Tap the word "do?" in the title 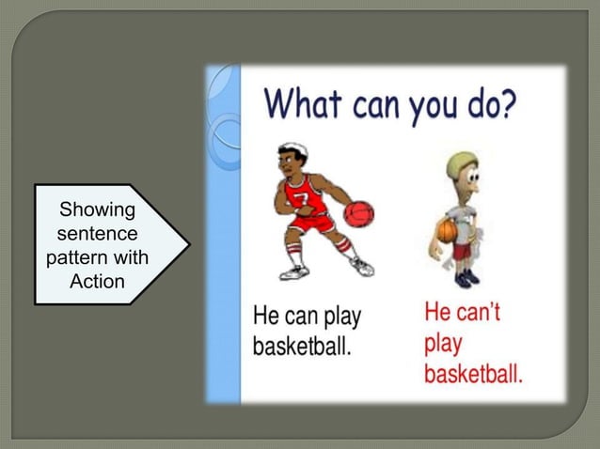[x=486, y=103]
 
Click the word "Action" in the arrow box [x=97, y=281]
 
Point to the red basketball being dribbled [x=358, y=213]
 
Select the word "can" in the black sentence [x=304, y=316]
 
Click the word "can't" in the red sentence [x=477, y=311]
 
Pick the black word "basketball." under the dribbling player [x=303, y=346]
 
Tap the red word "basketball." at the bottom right [x=473, y=375]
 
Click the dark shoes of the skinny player [x=465, y=278]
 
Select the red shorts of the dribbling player [x=310, y=224]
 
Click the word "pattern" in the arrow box [x=97, y=256]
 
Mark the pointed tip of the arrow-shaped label [x=187, y=244]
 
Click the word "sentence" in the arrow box [x=97, y=232]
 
